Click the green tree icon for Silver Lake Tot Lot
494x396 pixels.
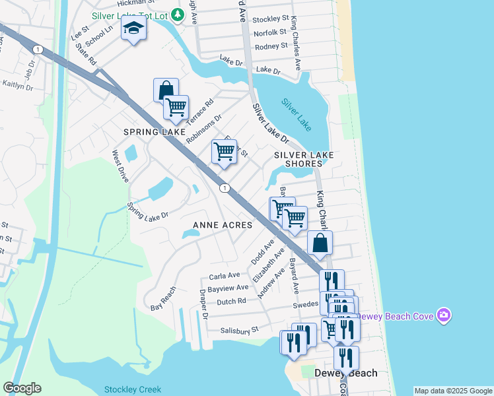(x=176, y=14)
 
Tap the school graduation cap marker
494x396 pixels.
(x=134, y=30)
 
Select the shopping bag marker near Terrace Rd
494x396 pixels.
(x=166, y=89)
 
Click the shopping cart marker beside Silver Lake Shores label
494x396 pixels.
(x=224, y=151)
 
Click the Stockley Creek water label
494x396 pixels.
(x=132, y=389)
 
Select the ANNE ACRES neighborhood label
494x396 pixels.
(x=223, y=225)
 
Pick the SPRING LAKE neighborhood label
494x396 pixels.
(x=155, y=132)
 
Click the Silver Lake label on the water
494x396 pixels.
(x=295, y=114)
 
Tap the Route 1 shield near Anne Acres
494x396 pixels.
(x=225, y=189)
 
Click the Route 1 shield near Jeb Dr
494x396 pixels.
(x=38, y=50)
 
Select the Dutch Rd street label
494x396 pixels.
(x=231, y=301)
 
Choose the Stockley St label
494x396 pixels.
(x=271, y=20)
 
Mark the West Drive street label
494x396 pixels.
(x=120, y=166)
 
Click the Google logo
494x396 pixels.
(x=22, y=388)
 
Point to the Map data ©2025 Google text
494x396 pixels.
(x=452, y=391)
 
